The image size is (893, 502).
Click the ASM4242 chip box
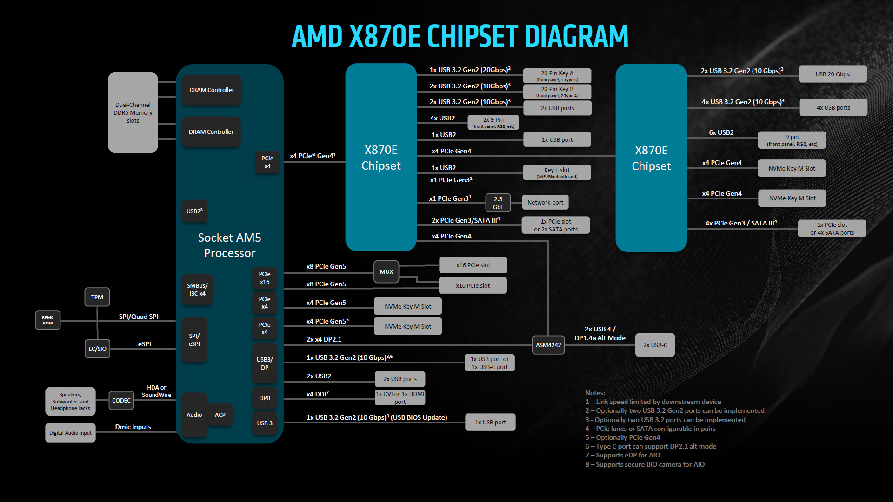coord(548,345)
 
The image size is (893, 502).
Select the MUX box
coord(386,272)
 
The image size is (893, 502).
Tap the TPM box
coord(97,297)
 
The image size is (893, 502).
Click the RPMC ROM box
coord(48,320)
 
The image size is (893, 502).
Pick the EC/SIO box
coord(97,349)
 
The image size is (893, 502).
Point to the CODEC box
coord(121,400)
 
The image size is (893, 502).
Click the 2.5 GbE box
coord(498,203)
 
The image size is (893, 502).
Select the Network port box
coord(545,202)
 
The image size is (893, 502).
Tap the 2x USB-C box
coord(655,345)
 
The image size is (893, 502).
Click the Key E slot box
coord(557,172)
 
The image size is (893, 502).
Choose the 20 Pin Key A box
coord(557,76)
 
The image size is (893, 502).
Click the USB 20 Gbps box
coord(833,74)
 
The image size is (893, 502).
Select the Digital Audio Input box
coord(70,433)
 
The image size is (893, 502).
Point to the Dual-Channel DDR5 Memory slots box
coord(133,112)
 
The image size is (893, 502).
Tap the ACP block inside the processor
coord(220,415)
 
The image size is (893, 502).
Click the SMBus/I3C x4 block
coord(197,290)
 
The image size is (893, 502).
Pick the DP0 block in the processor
coord(265,398)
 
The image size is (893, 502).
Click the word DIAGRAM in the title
coord(576,36)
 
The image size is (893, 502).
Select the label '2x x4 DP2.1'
coord(324,339)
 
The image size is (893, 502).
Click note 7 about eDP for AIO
coord(623,455)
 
